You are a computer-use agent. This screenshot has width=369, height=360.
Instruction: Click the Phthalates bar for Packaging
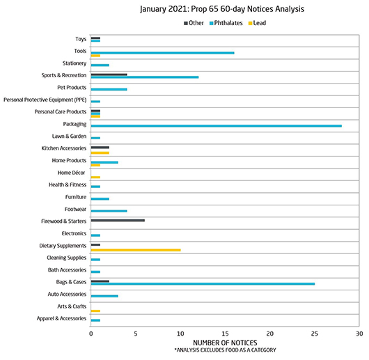click(x=217, y=126)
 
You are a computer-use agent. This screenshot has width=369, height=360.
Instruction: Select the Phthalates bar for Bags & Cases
click(x=203, y=284)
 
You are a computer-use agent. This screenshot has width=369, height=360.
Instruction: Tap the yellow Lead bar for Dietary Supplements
click(x=136, y=250)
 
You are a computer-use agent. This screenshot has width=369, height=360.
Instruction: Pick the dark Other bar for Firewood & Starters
click(x=118, y=221)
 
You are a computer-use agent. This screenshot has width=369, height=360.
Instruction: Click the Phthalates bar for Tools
click(x=163, y=53)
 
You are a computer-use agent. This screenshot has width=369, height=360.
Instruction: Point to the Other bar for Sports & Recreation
click(x=109, y=75)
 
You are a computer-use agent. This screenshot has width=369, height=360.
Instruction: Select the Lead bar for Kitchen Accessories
click(x=100, y=153)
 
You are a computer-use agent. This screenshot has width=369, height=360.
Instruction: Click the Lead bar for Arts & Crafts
click(x=95, y=311)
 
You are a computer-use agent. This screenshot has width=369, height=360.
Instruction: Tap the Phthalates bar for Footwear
click(x=109, y=211)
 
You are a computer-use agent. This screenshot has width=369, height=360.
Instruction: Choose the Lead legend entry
click(x=257, y=23)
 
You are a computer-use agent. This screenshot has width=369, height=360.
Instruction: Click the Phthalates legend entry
click(x=226, y=23)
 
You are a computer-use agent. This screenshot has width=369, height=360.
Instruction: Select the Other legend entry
click(x=194, y=23)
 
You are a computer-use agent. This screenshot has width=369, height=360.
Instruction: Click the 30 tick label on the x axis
click(x=359, y=334)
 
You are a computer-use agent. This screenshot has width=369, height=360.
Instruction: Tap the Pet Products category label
click(x=72, y=88)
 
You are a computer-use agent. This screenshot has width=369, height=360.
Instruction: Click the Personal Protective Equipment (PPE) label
click(x=45, y=100)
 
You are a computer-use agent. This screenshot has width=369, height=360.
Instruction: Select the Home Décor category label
click(x=71, y=173)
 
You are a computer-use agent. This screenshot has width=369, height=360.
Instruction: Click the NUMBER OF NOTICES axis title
click(x=225, y=343)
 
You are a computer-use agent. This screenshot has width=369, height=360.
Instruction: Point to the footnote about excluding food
click(x=225, y=350)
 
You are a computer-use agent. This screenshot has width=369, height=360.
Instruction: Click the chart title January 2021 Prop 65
click(x=222, y=9)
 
